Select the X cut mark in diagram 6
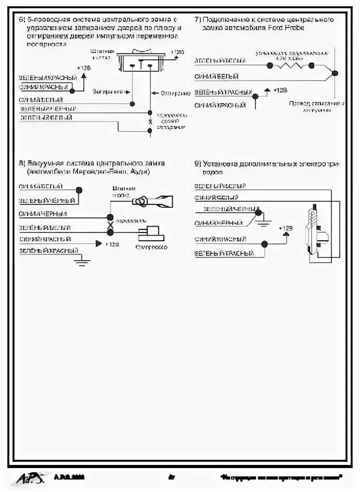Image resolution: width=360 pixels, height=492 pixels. [150, 122]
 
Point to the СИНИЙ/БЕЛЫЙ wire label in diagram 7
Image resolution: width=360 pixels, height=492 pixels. [216, 76]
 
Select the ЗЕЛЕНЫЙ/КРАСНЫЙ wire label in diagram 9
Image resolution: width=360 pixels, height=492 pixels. [224, 253]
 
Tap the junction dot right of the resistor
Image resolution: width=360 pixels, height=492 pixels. [313, 65]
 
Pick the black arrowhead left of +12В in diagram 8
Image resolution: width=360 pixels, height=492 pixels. [98, 243]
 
